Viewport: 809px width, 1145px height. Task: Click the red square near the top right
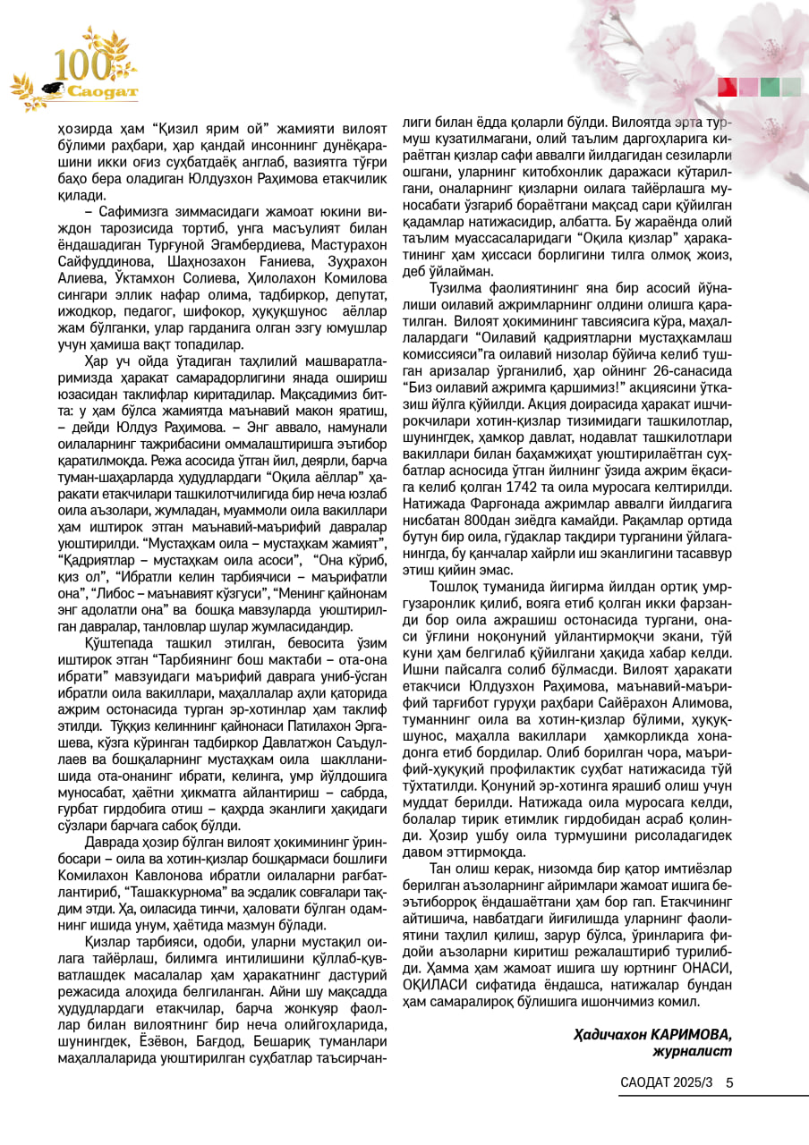point(728,87)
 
